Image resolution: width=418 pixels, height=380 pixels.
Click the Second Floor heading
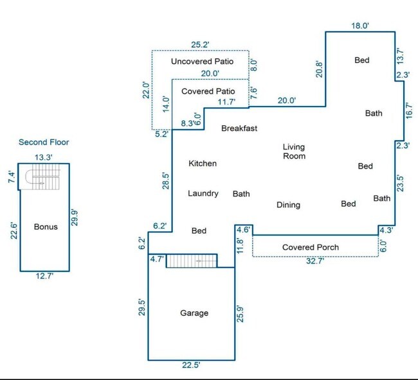coord(44,142)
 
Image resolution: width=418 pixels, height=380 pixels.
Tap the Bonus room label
coord(45,227)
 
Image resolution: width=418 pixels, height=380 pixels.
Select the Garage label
coord(194,313)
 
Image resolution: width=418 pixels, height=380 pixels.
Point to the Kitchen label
coord(202,164)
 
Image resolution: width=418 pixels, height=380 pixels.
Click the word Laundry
coord(203,193)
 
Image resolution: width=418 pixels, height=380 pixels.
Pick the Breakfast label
coord(239,128)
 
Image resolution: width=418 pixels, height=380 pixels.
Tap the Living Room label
coord(294,151)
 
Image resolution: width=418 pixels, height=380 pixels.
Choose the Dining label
coord(288,205)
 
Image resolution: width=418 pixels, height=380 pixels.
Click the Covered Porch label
coord(310,247)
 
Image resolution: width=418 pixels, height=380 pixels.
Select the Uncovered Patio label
coord(202,62)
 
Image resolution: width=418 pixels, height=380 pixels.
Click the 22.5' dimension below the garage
coord(190,365)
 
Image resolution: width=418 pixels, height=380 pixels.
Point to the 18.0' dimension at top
coord(359,26)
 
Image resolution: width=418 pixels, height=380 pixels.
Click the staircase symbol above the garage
coord(192,261)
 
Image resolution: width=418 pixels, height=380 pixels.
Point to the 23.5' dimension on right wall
coord(401,184)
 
